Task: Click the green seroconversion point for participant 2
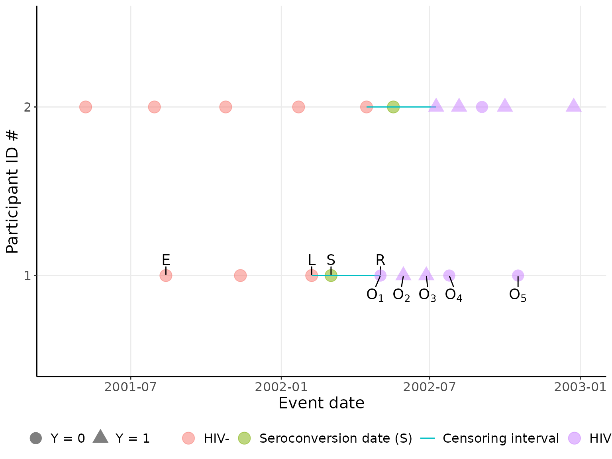(x=393, y=107)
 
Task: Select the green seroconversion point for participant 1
(x=331, y=275)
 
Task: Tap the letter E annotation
(x=166, y=260)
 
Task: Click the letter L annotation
(x=312, y=260)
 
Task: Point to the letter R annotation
(x=380, y=260)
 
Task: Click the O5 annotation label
(x=518, y=295)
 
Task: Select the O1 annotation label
(x=375, y=295)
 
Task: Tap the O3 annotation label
(x=427, y=295)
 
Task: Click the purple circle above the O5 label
(x=518, y=275)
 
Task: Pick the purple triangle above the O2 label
(x=403, y=274)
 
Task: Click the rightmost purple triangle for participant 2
(x=573, y=106)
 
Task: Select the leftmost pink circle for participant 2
(x=85, y=107)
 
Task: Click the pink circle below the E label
(x=166, y=275)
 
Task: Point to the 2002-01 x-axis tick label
(x=281, y=387)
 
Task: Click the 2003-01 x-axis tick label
(x=580, y=387)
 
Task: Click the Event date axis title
(x=321, y=403)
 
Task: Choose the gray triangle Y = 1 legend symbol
(x=100, y=437)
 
